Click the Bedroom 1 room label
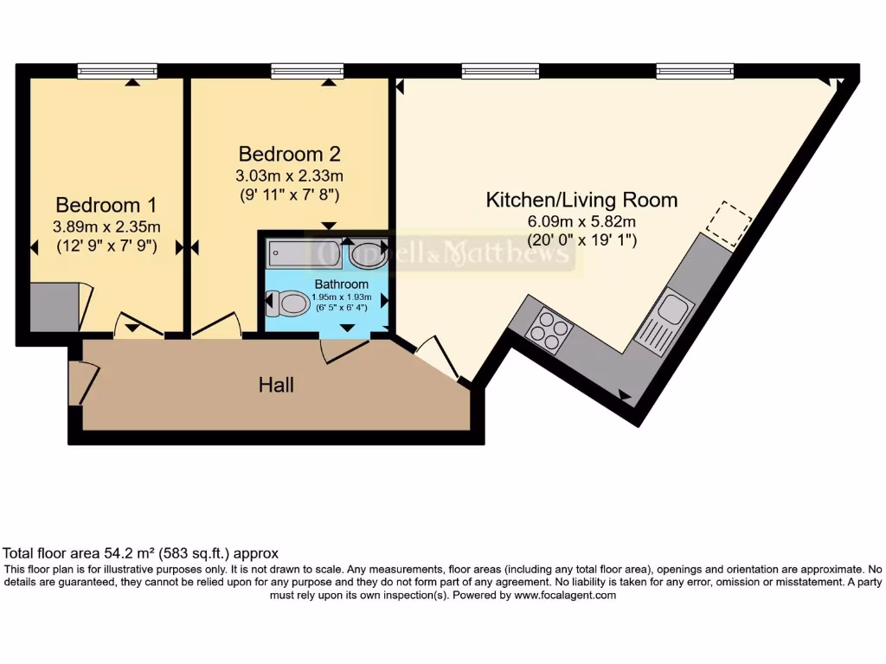click(x=106, y=205)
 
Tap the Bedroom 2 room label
click(x=289, y=154)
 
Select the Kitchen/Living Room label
click(x=581, y=201)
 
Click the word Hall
click(x=276, y=385)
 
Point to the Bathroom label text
click(x=341, y=284)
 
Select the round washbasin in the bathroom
click(x=368, y=254)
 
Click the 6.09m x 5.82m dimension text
click(x=581, y=222)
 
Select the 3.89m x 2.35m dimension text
click(x=106, y=227)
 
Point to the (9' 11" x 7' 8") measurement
click(x=289, y=195)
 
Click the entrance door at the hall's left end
click(x=82, y=380)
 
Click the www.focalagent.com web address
click(x=564, y=595)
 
